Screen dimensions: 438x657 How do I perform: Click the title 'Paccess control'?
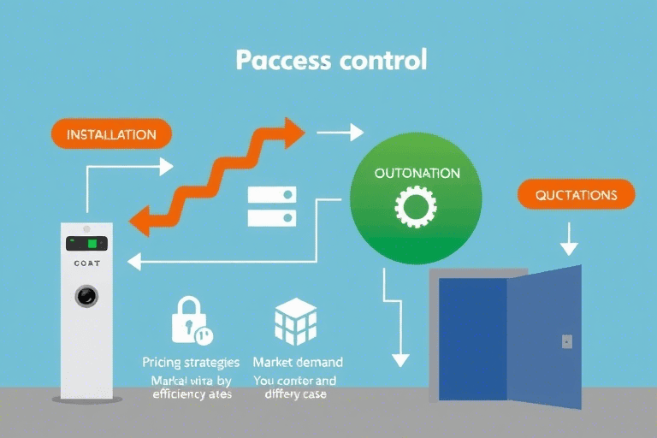pos(330,62)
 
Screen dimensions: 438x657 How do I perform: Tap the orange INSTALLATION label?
pos(111,134)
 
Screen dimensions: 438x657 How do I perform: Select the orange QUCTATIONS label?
pos(576,195)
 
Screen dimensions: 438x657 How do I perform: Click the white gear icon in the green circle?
pos(416,206)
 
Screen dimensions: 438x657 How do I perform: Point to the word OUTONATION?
pos(417,173)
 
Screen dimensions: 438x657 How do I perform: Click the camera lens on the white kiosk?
pos(86,296)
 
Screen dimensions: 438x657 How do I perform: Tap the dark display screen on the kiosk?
pos(86,243)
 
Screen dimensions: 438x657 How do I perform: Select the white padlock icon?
pos(189,320)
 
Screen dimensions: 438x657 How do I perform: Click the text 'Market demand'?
pos(298,362)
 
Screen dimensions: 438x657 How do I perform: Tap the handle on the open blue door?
pos(566,341)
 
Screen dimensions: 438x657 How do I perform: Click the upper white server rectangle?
pos(271,194)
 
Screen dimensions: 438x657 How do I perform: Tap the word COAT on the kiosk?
pos(86,264)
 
